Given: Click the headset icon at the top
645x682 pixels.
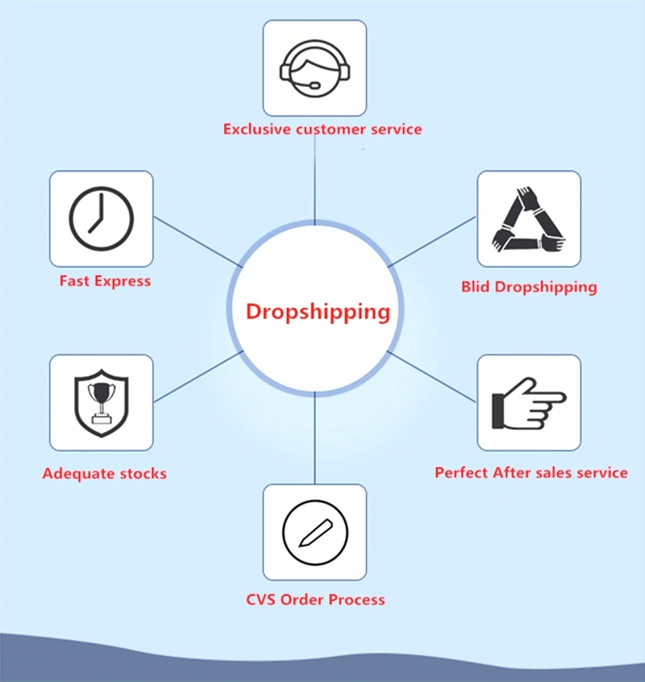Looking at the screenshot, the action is tap(314, 69).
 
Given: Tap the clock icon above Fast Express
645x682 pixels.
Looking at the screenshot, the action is tap(101, 219).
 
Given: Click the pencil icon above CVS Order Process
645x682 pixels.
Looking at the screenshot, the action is tap(314, 532).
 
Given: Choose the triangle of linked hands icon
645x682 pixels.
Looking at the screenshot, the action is tap(529, 219).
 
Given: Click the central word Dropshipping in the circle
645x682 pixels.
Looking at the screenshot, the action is tap(318, 311).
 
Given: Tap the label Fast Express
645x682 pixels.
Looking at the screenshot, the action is tap(105, 281).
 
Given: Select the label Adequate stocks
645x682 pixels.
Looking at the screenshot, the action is tap(104, 473).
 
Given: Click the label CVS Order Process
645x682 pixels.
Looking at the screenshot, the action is tap(315, 600).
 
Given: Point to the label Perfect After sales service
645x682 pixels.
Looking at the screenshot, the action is tap(531, 472).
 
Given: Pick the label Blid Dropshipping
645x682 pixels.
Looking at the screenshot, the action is tap(529, 286).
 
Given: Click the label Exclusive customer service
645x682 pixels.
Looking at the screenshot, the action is tap(322, 129).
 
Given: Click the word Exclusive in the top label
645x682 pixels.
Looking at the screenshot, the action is tap(256, 129).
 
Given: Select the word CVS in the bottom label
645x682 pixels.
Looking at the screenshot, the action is tap(260, 600).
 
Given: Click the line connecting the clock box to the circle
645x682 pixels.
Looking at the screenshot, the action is tap(197, 241).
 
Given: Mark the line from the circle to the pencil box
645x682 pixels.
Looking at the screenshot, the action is tap(314, 439).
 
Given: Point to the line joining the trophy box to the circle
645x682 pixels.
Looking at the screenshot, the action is tap(197, 376).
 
